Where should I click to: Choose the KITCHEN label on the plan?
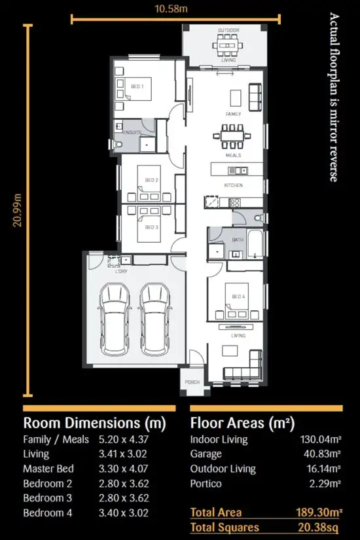pos(233,185)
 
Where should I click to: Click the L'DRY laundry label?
pos(120,270)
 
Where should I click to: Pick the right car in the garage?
pos(154,319)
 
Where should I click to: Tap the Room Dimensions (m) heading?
pos(94,422)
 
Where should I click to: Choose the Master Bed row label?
pos(48,469)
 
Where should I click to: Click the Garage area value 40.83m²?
pos(320,454)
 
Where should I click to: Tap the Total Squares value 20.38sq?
pos(319,527)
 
